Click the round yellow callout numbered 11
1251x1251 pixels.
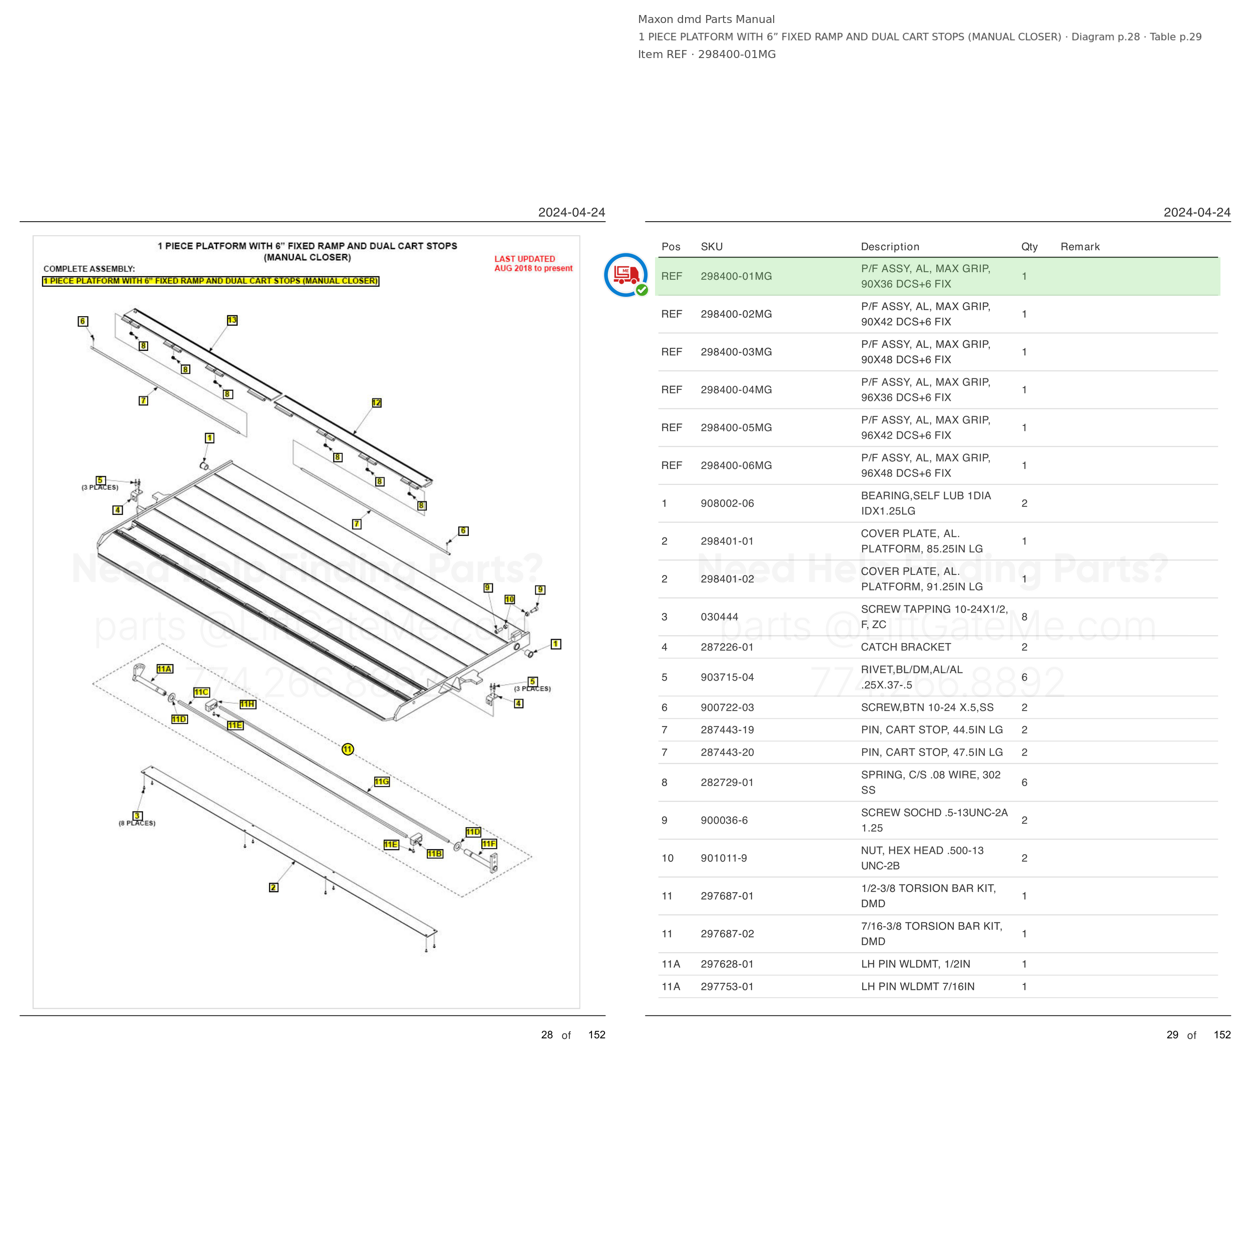(348, 749)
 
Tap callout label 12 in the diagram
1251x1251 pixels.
(377, 403)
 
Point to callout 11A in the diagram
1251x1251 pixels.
(165, 669)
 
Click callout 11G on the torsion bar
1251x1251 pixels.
(382, 782)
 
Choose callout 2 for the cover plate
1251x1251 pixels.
(273, 887)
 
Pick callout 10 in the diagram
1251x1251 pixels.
(509, 599)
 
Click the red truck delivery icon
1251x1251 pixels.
(626, 275)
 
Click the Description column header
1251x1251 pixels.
(890, 247)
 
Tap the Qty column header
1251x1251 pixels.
(1029, 247)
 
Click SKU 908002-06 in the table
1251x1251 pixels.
(727, 503)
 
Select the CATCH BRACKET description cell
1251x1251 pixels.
(906, 647)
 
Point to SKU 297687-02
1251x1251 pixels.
(727, 934)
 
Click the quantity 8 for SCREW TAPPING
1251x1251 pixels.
(1024, 617)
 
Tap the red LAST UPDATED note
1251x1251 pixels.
(533, 264)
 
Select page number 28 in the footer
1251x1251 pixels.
(547, 1035)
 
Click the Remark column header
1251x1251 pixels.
(1080, 247)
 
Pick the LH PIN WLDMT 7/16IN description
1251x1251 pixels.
(918, 986)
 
